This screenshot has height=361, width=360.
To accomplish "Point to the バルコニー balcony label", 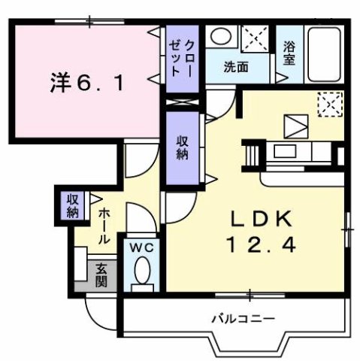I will tap(239, 319).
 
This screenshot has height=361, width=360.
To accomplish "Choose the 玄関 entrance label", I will tap(101, 276).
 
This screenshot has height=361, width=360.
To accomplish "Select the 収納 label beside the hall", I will tap(72, 205).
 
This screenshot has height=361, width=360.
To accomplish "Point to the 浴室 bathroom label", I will tap(289, 54).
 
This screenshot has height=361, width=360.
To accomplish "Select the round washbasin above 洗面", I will tap(219, 37).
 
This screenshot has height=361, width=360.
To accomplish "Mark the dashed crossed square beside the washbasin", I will tap(256, 38).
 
